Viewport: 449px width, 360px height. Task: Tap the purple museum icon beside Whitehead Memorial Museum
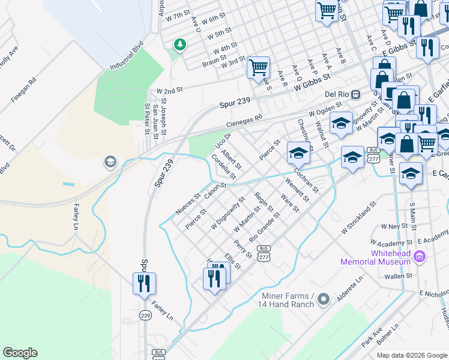[420, 258]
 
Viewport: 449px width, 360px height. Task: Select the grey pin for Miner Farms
[324, 298]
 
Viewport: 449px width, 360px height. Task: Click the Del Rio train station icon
[356, 94]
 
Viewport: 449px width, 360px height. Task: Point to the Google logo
[20, 353]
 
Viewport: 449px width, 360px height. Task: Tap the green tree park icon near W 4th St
[179, 44]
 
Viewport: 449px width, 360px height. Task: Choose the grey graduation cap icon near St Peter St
[109, 161]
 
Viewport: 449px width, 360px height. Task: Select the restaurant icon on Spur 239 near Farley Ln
[144, 283]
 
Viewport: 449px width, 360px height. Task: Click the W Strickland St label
[358, 217]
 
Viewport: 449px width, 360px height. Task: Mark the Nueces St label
[187, 205]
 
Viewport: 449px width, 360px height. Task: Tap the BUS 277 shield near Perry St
[262, 252]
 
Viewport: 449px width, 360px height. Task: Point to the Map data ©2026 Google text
[411, 355]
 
